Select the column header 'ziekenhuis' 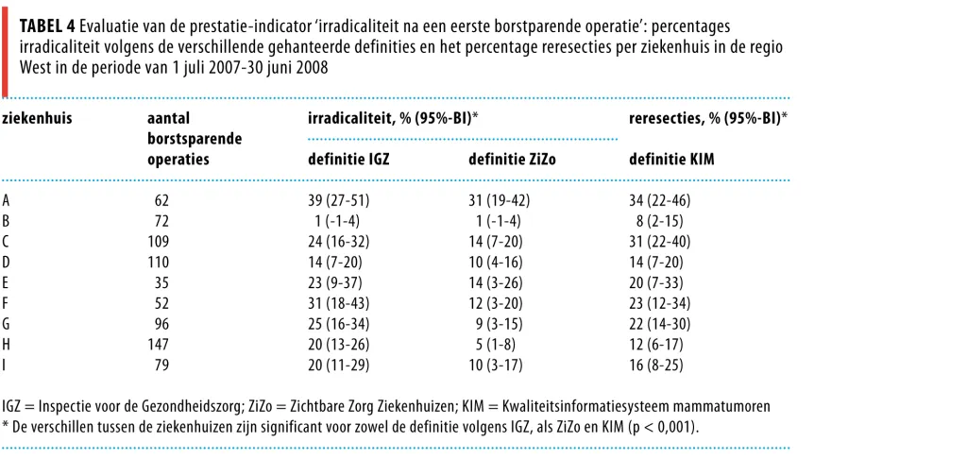[x=37, y=119]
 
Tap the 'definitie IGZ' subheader [x=349, y=161]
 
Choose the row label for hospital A [x=6, y=200]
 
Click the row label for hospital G [x=6, y=324]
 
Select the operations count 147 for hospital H [x=158, y=344]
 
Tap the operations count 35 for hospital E [x=161, y=282]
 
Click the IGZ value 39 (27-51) [x=339, y=200]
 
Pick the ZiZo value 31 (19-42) [x=500, y=200]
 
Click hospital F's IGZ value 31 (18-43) [x=339, y=303]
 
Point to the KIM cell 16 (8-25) [x=656, y=365]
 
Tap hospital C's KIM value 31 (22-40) [x=660, y=242]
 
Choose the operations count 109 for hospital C [x=158, y=242]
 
